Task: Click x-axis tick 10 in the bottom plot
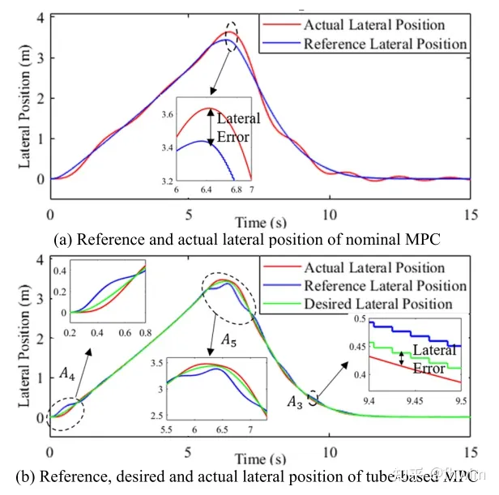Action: (x=328, y=430)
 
